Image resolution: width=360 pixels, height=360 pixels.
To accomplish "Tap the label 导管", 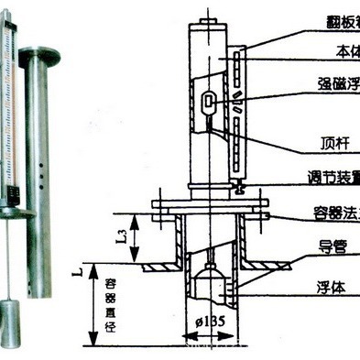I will [332, 245].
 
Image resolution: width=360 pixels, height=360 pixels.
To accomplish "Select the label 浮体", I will [332, 285].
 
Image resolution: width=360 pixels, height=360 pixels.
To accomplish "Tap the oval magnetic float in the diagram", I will [210, 100].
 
